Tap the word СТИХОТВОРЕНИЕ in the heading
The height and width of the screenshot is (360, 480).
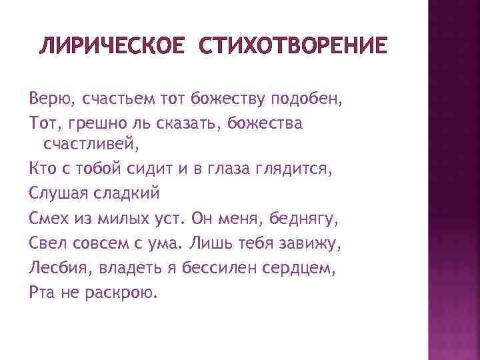click(x=291, y=46)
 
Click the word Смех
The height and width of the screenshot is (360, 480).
click(x=48, y=218)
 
